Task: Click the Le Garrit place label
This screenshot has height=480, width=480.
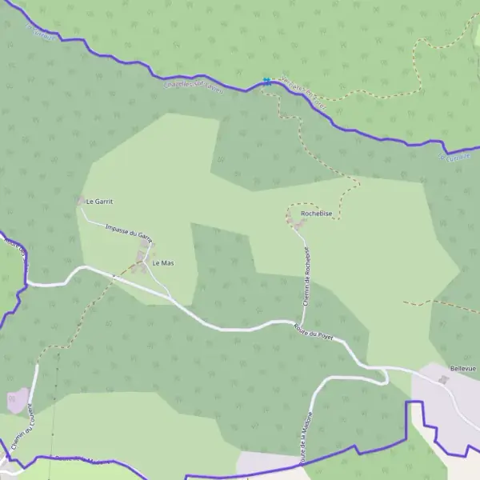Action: pyautogui.click(x=99, y=202)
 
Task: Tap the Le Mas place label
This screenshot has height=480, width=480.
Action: pyautogui.click(x=163, y=263)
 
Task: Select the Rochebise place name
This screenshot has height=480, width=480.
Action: pyautogui.click(x=316, y=214)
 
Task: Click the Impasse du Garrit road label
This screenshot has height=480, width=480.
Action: pyautogui.click(x=129, y=233)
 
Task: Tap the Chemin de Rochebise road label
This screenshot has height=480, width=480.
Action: pyautogui.click(x=306, y=277)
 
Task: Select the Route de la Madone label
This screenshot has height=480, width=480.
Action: pyautogui.click(x=304, y=444)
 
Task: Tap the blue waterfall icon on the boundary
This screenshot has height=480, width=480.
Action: pyautogui.click(x=266, y=81)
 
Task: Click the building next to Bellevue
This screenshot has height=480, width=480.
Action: pyautogui.click(x=445, y=378)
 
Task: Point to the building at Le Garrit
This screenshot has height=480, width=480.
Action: pyautogui.click(x=80, y=200)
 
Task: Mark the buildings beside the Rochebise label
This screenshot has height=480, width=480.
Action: pyautogui.click(x=299, y=226)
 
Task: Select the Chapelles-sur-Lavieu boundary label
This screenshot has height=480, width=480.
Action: pyautogui.click(x=194, y=86)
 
